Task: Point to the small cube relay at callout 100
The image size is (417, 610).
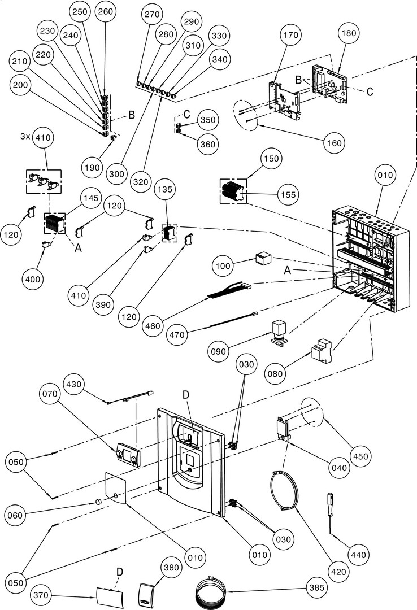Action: tap(263, 259)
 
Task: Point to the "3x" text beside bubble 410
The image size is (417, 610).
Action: tap(24, 137)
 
